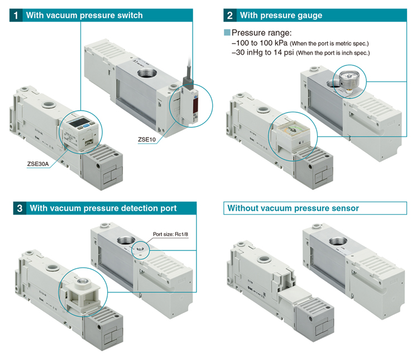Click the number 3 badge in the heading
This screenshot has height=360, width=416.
(x=19, y=209)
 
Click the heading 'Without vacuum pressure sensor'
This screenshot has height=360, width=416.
(x=292, y=209)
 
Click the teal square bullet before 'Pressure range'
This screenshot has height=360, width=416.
(x=227, y=33)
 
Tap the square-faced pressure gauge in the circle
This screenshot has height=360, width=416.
(x=293, y=134)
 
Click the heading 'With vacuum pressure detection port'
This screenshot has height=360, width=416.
(x=103, y=209)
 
